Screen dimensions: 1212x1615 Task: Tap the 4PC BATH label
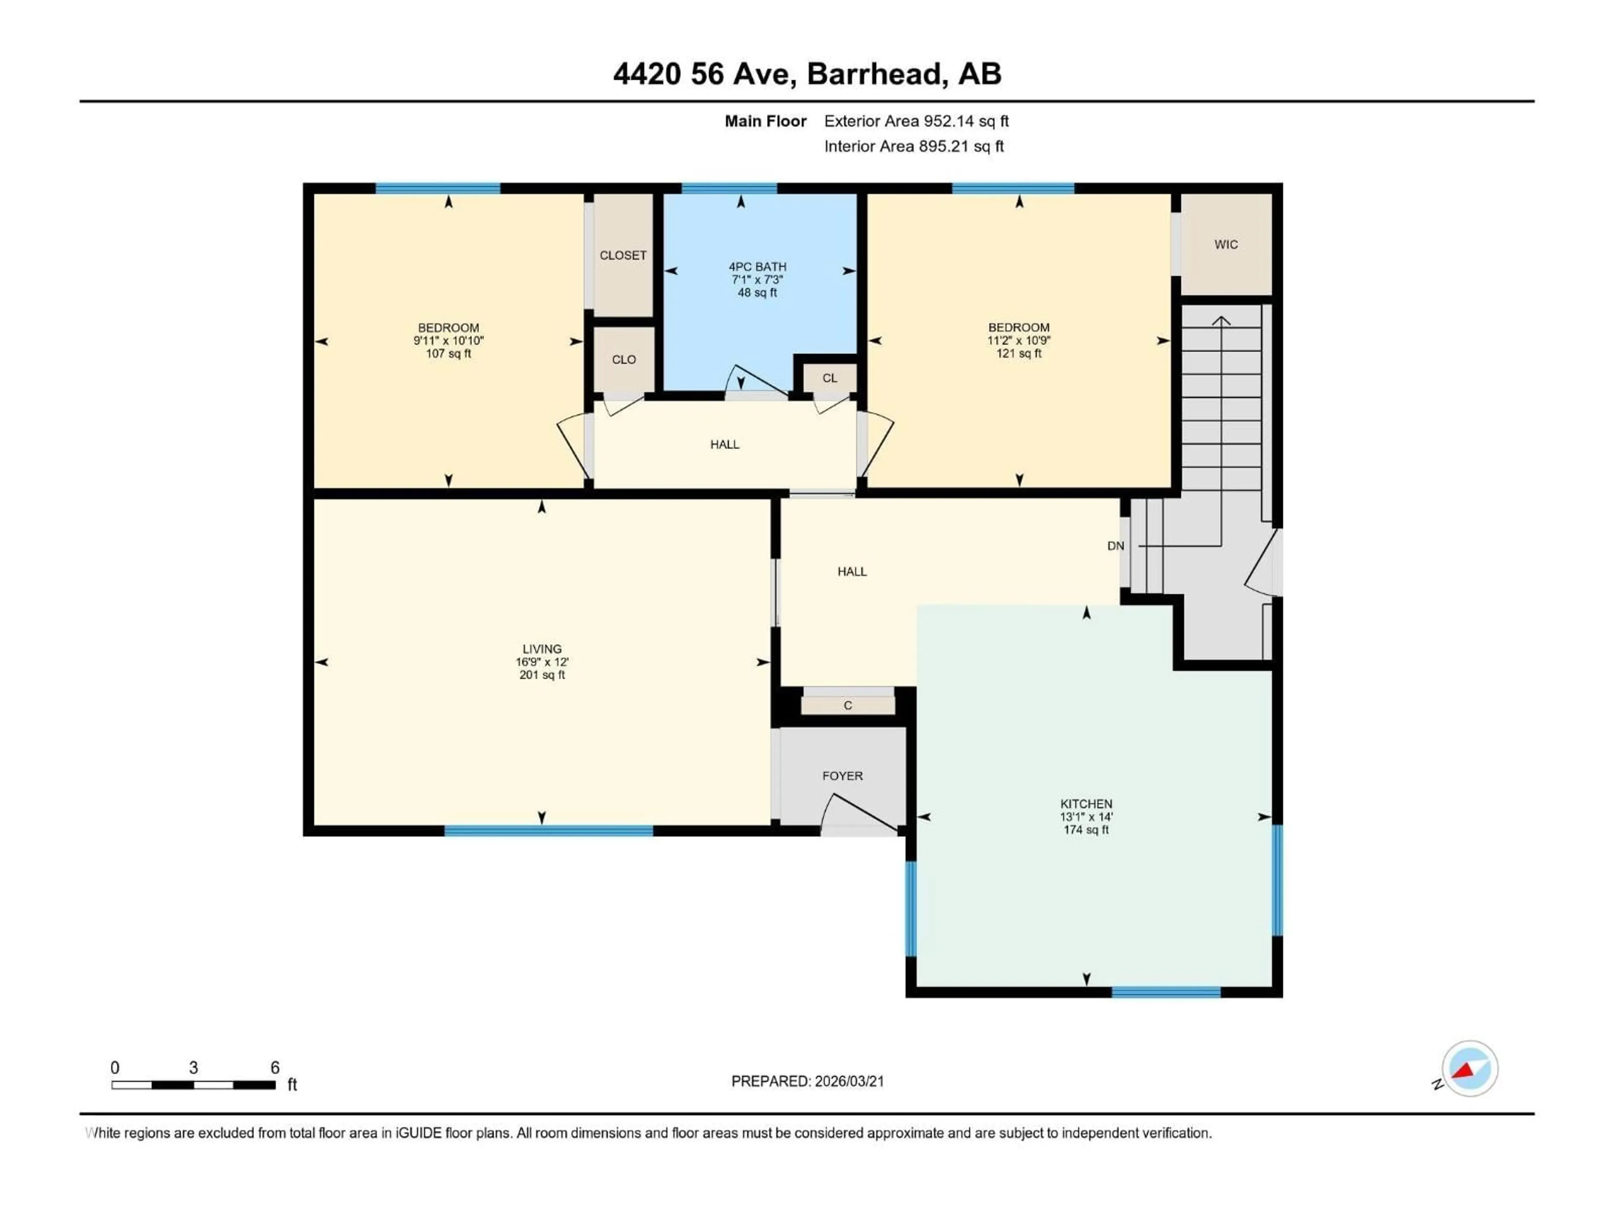[757, 267]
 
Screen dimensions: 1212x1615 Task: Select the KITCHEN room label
[1085, 804]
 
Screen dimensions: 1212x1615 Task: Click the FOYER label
[842, 776]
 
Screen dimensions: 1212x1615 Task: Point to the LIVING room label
[542, 649]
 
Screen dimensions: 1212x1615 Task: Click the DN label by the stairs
[1115, 546]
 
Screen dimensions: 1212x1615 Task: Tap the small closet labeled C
[847, 705]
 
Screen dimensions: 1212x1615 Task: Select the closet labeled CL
[829, 378]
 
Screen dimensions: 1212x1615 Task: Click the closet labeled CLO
[624, 359]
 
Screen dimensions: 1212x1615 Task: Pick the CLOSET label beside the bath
[623, 255]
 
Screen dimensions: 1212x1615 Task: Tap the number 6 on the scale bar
[275, 1067]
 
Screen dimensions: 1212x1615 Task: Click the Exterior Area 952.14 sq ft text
[916, 121]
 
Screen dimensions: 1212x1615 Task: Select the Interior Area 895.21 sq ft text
[913, 146]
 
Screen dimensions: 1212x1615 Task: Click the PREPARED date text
[807, 1081]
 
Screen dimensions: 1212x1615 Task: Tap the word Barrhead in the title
[873, 74]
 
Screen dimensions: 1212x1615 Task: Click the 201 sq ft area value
[542, 675]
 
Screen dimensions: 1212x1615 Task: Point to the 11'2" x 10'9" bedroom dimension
[1019, 340]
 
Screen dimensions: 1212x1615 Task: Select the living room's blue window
[548, 831]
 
